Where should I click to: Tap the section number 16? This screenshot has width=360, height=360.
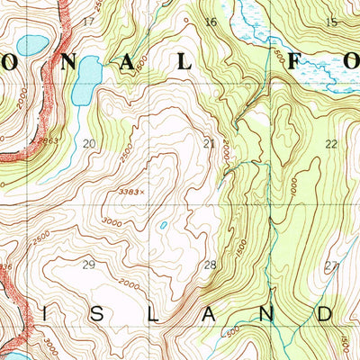tap(211, 22)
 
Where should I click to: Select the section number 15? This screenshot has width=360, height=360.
tap(332, 22)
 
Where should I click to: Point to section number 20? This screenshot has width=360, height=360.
tap(88, 143)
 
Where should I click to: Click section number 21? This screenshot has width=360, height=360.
tap(209, 143)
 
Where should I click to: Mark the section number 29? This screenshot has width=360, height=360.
tap(88, 264)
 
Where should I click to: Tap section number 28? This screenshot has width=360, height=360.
tap(211, 265)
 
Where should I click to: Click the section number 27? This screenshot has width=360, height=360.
tap(331, 265)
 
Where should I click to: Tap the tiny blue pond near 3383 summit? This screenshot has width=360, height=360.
tap(163, 226)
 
